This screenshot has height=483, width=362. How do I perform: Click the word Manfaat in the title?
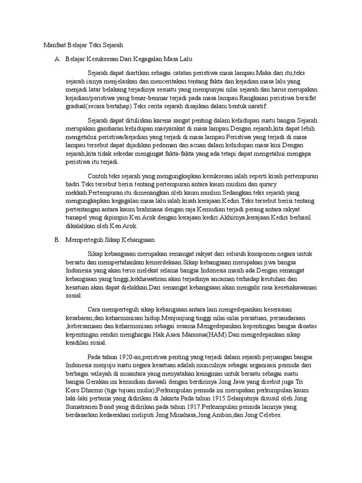[x=49, y=46]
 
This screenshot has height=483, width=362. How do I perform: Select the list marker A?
[x=57, y=59]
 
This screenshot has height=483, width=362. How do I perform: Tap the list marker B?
[x=57, y=240]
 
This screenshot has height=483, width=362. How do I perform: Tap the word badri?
[x=73, y=184]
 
